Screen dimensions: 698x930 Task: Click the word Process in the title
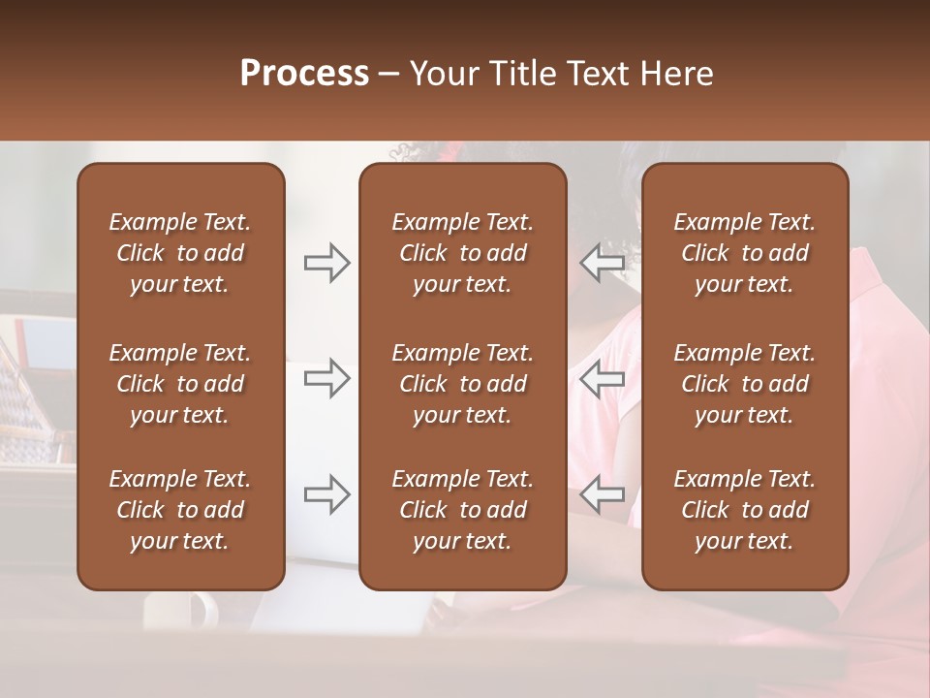[x=304, y=74]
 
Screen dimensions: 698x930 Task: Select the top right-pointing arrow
[x=327, y=263]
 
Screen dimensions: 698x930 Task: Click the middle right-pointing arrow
[x=327, y=379]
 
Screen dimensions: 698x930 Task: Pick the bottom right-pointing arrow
[x=327, y=494]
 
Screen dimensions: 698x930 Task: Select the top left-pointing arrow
[x=602, y=263]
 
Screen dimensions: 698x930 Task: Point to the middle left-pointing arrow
[x=602, y=379]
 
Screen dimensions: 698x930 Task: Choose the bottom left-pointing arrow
[x=602, y=494]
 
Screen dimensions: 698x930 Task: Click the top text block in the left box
[x=180, y=253]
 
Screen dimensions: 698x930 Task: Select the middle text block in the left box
[x=180, y=384]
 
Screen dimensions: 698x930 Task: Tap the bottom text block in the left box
[x=180, y=510]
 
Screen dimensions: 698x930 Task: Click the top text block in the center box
[x=462, y=253]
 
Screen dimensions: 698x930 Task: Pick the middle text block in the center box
[x=462, y=384]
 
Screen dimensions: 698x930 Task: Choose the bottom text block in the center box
[x=462, y=510]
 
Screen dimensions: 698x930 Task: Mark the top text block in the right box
[x=744, y=253]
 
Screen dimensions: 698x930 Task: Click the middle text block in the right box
[x=744, y=384]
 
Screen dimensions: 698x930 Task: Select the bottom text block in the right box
[x=744, y=510]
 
